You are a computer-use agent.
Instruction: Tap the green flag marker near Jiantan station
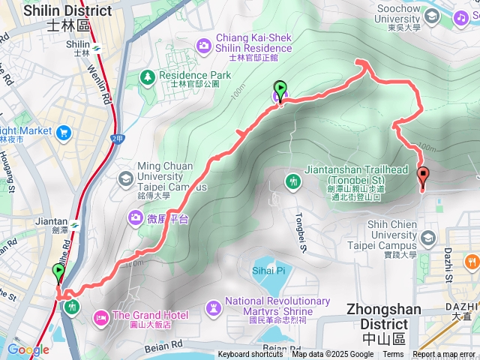(x=58, y=272)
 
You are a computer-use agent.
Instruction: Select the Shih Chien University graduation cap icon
(x=428, y=238)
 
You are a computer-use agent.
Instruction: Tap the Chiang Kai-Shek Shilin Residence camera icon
(x=203, y=46)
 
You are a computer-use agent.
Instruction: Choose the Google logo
(x=28, y=350)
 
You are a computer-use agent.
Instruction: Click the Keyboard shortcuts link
(x=250, y=355)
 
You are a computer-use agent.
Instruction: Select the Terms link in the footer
(x=393, y=355)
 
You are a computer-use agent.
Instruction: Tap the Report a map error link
(x=445, y=355)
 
